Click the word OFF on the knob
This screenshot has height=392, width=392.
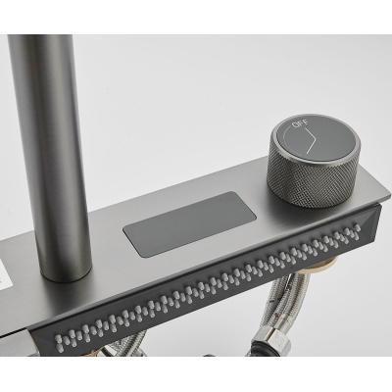tap(300, 124)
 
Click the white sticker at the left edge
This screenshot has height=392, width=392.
tap(4, 273)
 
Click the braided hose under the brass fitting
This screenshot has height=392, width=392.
tap(287, 294)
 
